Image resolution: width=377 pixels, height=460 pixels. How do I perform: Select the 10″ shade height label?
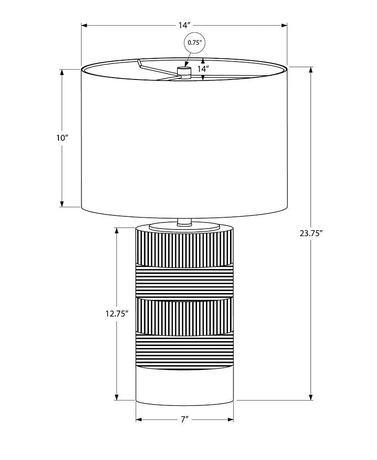(62, 138)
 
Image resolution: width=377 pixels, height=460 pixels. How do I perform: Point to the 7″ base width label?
(184, 419)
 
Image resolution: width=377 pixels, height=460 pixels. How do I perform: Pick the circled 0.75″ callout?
(195, 42)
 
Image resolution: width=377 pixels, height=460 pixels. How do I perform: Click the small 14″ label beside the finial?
(203, 69)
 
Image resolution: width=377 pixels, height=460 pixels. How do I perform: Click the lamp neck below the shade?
(184, 222)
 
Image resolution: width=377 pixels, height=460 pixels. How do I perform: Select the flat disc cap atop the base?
(184, 227)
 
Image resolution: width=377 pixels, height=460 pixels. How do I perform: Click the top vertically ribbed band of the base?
(184, 249)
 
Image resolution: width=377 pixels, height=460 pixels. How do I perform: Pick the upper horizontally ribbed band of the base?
(184, 282)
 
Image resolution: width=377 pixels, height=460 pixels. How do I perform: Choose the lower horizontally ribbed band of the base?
(184, 349)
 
